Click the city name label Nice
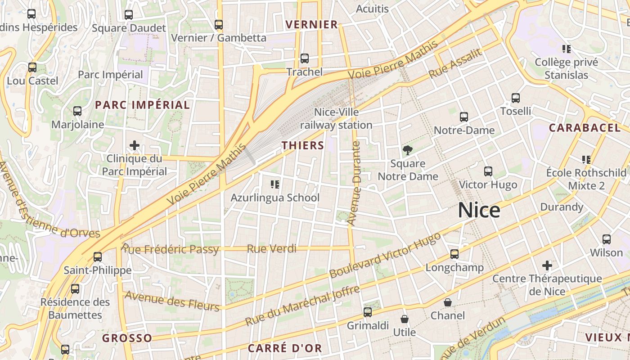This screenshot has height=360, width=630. point(479,210)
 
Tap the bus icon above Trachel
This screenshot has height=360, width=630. point(305,58)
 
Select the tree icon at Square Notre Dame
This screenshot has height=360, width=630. point(408,150)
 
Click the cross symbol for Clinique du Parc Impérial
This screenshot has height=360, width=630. point(134,145)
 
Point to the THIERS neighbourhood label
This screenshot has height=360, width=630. point(303,145)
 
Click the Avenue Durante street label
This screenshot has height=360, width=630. point(355,183)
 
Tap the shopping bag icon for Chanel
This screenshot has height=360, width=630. point(447,302)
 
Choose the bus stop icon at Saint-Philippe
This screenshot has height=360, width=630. point(98,257)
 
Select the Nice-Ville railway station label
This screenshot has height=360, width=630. point(336,118)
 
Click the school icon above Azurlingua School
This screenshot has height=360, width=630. point(275,184)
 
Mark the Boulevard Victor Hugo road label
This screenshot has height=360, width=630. point(385,255)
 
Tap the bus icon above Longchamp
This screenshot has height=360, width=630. point(454,254)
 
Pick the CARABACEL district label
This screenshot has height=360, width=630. point(585,128)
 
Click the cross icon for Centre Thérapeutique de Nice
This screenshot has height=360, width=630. point(547,265)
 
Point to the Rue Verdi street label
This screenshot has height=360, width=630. point(272,248)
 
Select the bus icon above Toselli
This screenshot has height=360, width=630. point(516,98)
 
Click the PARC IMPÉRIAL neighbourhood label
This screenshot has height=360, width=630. point(142,105)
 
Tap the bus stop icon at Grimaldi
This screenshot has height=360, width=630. point(368,312)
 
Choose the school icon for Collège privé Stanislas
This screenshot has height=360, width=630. point(566,49)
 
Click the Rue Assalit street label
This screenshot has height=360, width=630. point(455,63)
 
